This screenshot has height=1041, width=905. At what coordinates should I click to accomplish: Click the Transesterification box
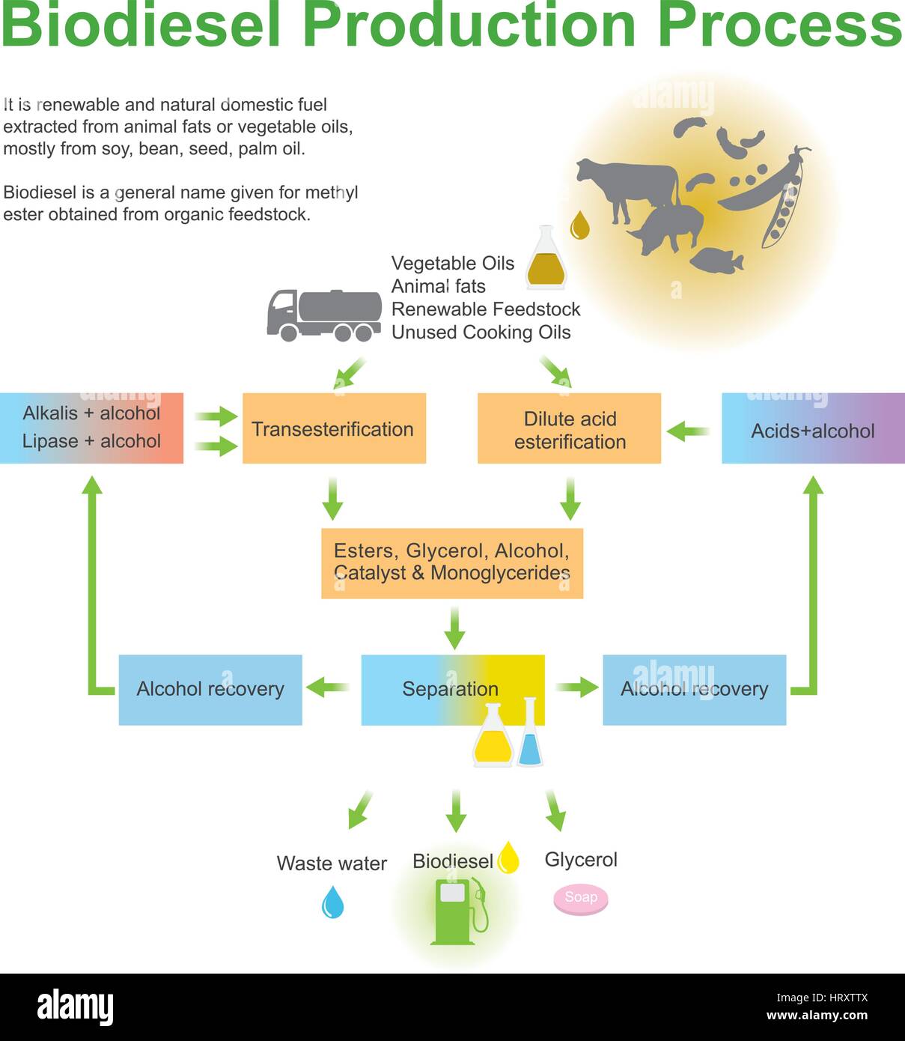click(334, 428)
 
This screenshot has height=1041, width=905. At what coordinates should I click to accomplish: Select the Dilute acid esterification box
click(569, 428)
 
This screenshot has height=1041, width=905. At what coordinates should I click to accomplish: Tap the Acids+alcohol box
click(813, 428)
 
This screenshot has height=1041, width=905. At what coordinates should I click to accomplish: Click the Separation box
click(452, 689)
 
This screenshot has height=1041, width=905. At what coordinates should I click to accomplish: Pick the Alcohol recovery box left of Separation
click(210, 689)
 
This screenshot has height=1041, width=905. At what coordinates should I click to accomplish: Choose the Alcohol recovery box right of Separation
click(694, 689)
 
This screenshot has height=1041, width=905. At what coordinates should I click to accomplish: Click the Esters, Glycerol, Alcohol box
click(451, 563)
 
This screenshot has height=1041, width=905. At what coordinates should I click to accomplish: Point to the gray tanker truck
click(324, 315)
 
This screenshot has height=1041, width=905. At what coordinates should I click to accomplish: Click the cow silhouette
click(625, 187)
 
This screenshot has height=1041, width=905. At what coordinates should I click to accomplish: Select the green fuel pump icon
click(457, 911)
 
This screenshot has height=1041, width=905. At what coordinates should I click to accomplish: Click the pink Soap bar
click(581, 898)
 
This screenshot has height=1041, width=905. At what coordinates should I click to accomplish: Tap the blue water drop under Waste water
click(332, 902)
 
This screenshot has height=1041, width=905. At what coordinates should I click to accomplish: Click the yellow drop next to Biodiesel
click(509, 858)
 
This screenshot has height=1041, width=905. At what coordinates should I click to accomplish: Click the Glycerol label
click(581, 860)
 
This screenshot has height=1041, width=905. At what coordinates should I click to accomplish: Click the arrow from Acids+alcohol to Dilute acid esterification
click(688, 431)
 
